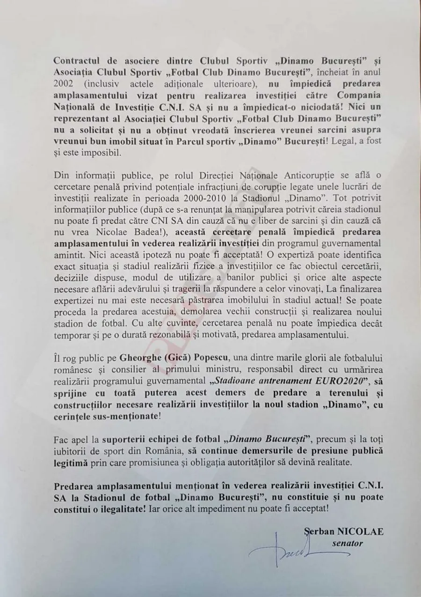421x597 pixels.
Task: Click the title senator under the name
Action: coord(347,544)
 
